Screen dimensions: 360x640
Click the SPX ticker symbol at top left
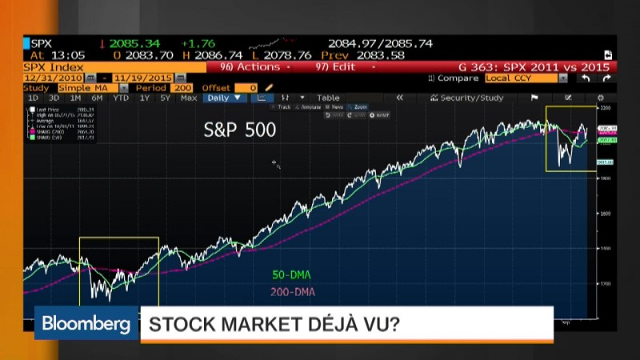tap(42, 42)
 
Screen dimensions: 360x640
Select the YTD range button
tap(120, 98)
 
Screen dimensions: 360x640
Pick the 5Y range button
tap(165, 98)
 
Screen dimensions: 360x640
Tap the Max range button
tap(189, 98)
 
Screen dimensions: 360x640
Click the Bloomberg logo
tap(86, 324)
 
